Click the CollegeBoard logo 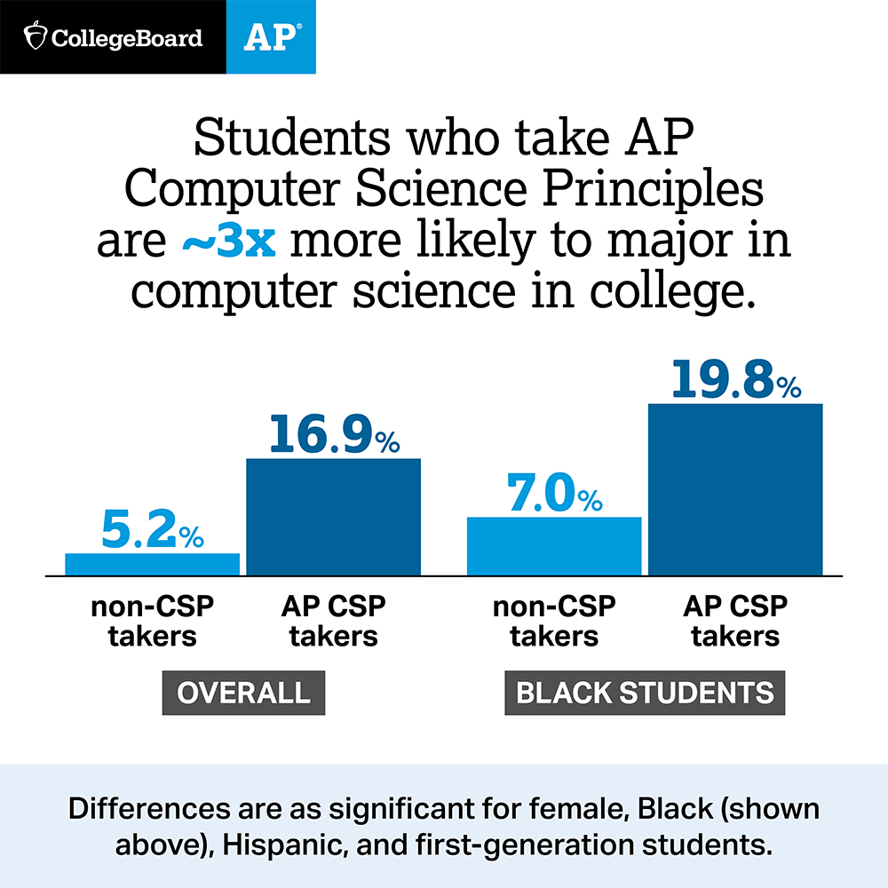click(113, 37)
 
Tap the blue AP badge click(271, 37)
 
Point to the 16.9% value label click(333, 435)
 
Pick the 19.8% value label click(735, 380)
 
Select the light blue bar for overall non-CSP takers click(153, 565)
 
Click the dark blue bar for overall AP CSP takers click(333, 517)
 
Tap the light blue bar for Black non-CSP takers click(554, 546)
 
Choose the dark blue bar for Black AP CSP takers click(735, 489)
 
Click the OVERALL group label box click(243, 693)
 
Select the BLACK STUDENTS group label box click(645, 693)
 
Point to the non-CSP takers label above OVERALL click(153, 621)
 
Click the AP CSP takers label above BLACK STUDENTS click(735, 621)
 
